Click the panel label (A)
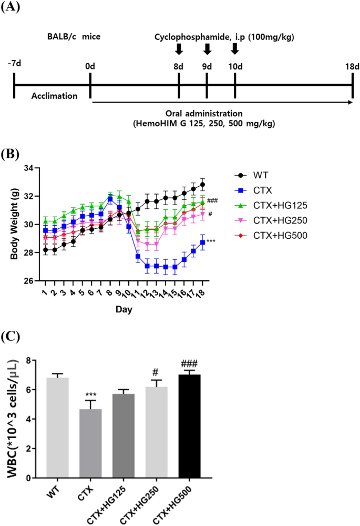tap(12, 9)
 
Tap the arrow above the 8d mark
tap(179, 49)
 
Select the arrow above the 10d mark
tap(234, 49)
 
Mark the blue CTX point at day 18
tap(202, 242)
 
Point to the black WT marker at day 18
tap(202, 185)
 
